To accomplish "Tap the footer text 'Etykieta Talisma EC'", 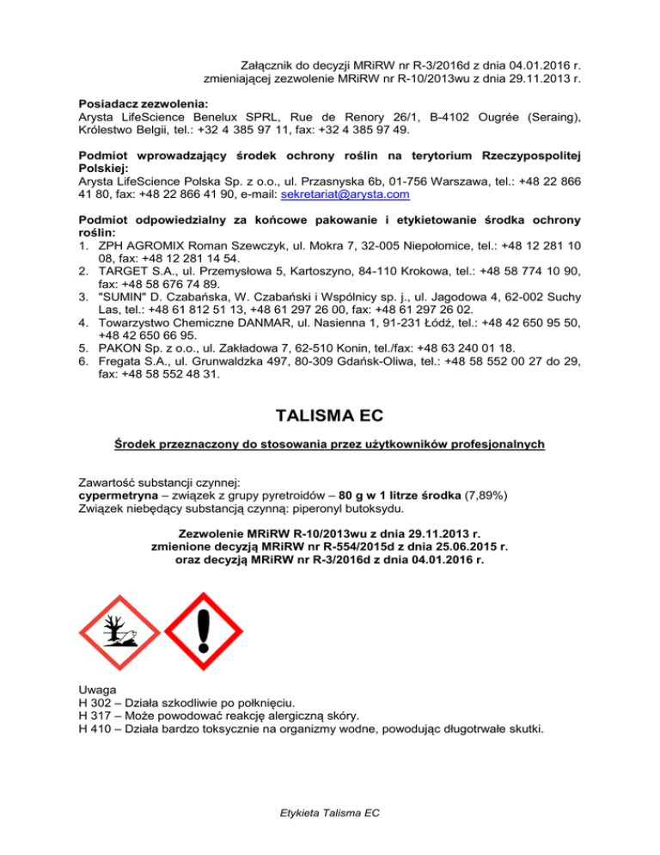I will [329, 811].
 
